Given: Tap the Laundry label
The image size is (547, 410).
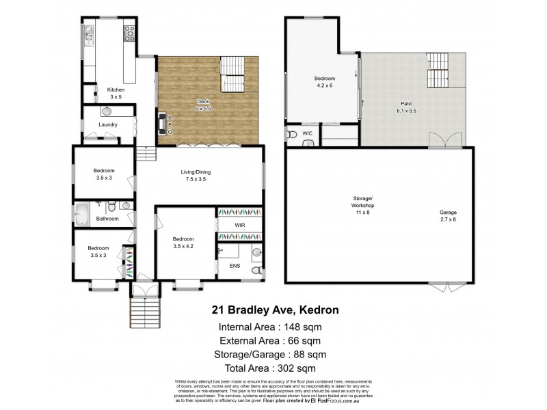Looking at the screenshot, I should pyautogui.click(x=108, y=124).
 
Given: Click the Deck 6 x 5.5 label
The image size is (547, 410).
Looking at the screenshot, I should pyautogui.click(x=203, y=105).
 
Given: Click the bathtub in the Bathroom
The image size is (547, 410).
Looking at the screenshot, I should pyautogui.click(x=82, y=213).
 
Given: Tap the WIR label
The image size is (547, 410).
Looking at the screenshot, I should pyautogui.click(x=239, y=225).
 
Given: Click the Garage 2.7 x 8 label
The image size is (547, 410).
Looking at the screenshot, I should pyautogui.click(x=448, y=215).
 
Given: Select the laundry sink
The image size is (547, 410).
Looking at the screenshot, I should pyautogui.click(x=107, y=111).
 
